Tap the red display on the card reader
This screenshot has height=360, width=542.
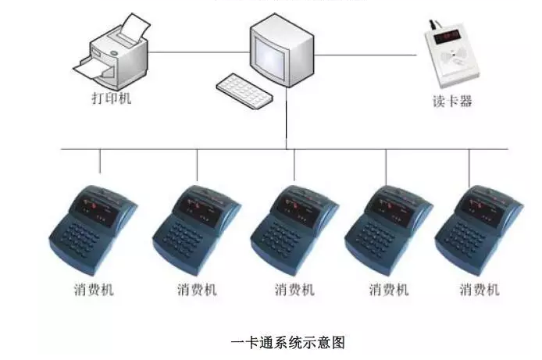click(x=448, y=36)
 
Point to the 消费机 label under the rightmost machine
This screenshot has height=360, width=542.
click(x=479, y=290)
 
